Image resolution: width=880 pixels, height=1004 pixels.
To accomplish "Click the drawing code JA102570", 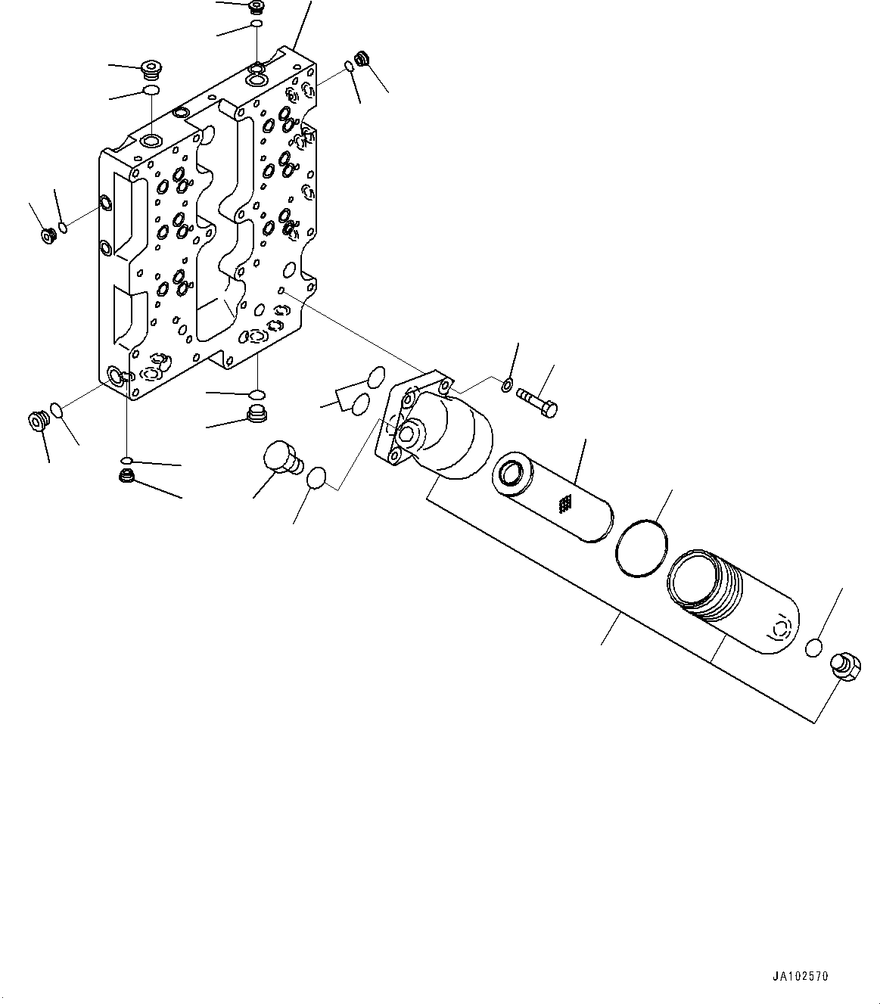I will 801,977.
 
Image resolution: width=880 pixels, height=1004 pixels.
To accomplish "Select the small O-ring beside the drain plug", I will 813,648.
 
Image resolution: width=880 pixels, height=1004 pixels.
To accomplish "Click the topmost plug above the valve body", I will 257,8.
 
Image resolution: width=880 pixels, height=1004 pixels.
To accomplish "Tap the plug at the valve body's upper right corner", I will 362,59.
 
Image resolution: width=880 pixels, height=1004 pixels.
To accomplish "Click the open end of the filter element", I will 511,474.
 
